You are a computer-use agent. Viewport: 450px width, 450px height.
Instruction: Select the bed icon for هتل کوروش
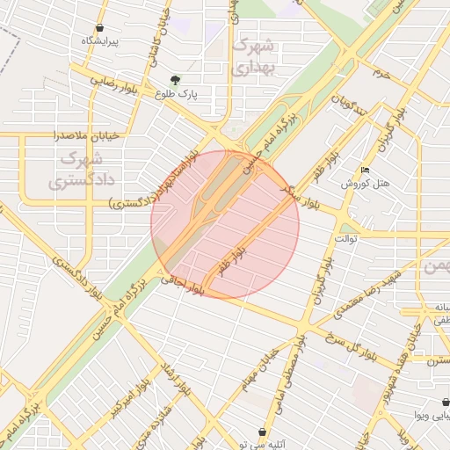pyautogui.click(x=366, y=170)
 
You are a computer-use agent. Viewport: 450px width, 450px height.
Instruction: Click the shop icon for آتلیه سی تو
pyautogui.click(x=263, y=432)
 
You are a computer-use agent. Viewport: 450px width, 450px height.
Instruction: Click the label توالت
pyautogui.click(x=344, y=238)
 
